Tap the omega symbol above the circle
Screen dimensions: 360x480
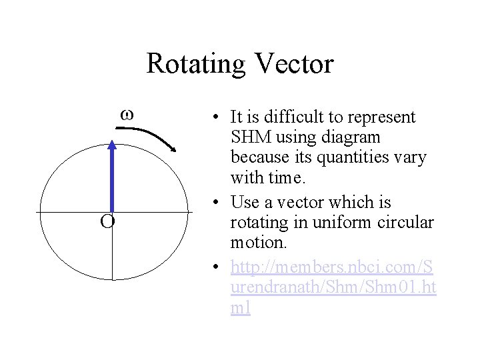[x=127, y=115]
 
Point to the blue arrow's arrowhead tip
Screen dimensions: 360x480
[x=112, y=142]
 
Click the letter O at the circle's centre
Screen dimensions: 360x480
[x=107, y=221]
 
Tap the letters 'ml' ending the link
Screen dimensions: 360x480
[x=241, y=308]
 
